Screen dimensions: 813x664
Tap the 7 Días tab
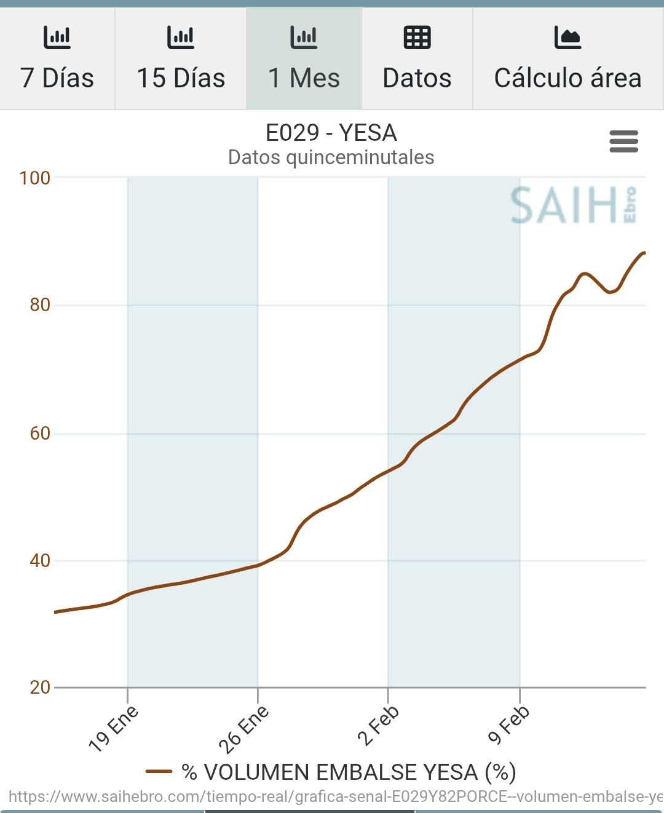click(x=57, y=59)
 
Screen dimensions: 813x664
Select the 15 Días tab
click(x=181, y=59)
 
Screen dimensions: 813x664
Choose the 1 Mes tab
click(x=304, y=59)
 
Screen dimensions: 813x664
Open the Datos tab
click(x=417, y=59)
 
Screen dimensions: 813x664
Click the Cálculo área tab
click(x=567, y=59)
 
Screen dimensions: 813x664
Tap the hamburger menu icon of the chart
click(x=623, y=141)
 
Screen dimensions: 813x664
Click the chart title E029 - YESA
click(x=331, y=133)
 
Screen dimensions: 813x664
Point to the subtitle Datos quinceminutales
click(x=331, y=157)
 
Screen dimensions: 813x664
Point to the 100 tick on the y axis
click(x=34, y=178)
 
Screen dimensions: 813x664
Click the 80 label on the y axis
click(x=40, y=305)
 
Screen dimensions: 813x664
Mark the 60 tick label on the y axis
click(x=40, y=434)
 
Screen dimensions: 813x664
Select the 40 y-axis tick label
click(x=40, y=561)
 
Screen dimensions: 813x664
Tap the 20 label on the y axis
click(x=40, y=688)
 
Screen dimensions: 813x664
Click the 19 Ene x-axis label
click(x=114, y=729)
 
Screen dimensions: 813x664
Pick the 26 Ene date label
click(x=244, y=729)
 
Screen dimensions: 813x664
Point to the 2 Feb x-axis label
click(x=378, y=726)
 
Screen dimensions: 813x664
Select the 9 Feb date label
click(x=508, y=726)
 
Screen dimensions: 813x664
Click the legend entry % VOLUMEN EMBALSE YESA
click(x=331, y=772)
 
